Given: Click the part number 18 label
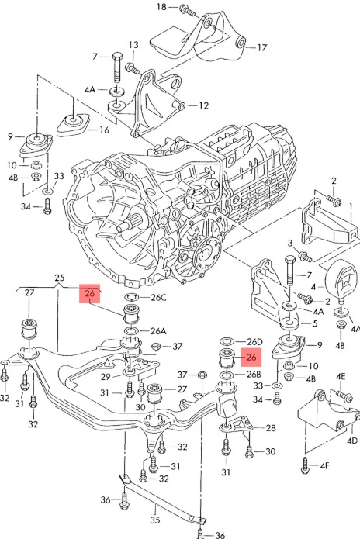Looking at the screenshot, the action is pyautogui.click(x=161, y=6).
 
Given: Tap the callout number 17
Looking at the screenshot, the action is pyautogui.click(x=262, y=47).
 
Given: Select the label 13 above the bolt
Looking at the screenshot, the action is pyautogui.click(x=133, y=45).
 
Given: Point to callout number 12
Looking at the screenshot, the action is pyautogui.click(x=203, y=105).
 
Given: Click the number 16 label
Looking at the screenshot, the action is pyautogui.click(x=104, y=130).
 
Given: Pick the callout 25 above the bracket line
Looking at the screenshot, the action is pyautogui.click(x=60, y=278).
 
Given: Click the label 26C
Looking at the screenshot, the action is pyautogui.click(x=159, y=297).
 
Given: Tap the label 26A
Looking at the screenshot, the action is pyautogui.click(x=158, y=331).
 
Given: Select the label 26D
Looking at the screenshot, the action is pyautogui.click(x=254, y=342).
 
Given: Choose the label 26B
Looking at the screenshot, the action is pyautogui.click(x=254, y=374).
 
